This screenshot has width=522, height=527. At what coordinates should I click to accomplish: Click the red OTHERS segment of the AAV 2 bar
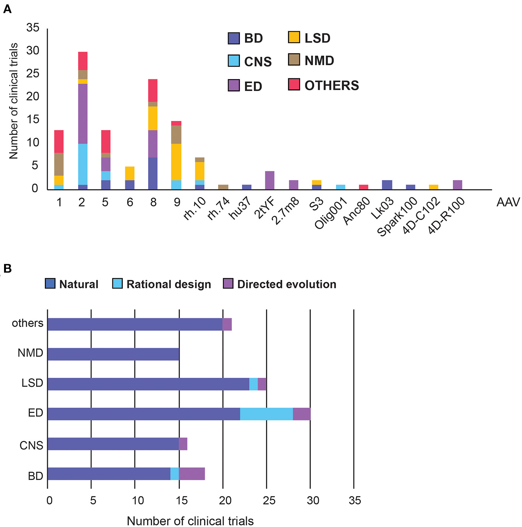click(83, 61)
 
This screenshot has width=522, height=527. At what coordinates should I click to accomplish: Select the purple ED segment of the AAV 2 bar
click(83, 113)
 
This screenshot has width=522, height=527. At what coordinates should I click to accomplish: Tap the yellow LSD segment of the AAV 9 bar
click(176, 162)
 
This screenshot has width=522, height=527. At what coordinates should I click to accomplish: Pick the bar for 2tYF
click(270, 180)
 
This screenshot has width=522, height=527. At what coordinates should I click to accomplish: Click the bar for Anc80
click(364, 187)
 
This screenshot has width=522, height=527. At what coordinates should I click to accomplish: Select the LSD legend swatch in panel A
click(294, 38)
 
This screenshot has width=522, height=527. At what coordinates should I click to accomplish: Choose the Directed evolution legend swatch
click(228, 284)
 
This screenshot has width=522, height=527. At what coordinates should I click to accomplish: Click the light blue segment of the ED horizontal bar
click(266, 414)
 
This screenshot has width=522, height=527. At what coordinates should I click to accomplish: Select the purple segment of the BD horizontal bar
click(192, 474)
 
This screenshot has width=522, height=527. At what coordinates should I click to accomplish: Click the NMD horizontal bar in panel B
click(113, 354)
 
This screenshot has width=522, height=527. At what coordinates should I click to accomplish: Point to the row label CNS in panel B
click(31, 445)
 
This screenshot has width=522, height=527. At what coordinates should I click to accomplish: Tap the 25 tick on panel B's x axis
click(269, 500)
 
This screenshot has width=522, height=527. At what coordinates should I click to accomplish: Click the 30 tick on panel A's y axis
click(33, 50)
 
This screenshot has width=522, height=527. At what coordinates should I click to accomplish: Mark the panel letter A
click(7, 9)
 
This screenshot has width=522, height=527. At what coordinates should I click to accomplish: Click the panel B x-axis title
click(190, 521)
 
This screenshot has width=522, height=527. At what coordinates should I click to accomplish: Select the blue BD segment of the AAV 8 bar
click(153, 173)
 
